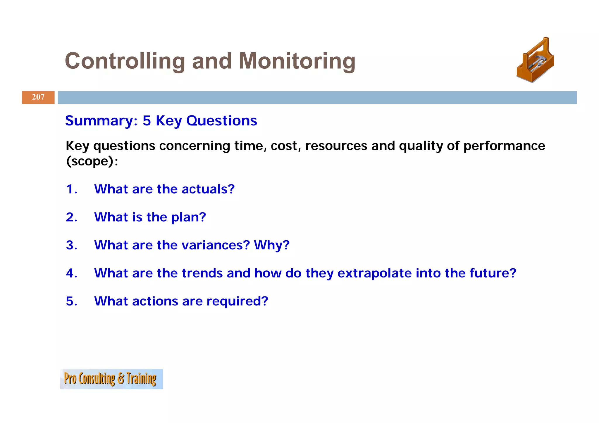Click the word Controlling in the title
point(125,61)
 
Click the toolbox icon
point(535,61)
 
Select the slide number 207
point(38,97)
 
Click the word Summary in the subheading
point(101,121)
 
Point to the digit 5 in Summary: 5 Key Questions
point(147,121)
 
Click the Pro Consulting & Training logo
point(111,379)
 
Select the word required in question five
point(237,301)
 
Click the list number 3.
point(71,245)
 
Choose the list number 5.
point(71,301)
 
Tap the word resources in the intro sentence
point(336,146)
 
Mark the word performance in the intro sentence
point(504,146)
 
